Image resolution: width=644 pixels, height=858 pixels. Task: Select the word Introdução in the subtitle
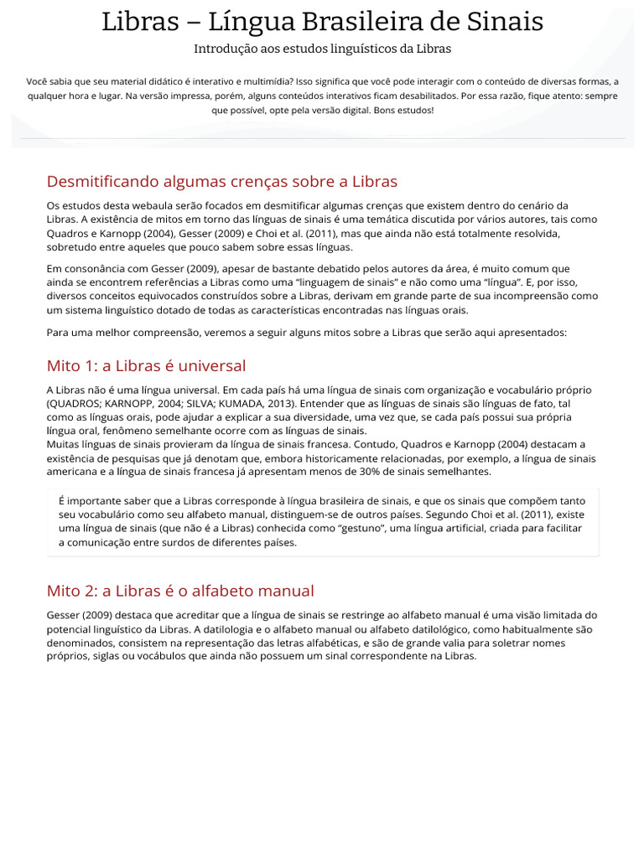tap(223, 49)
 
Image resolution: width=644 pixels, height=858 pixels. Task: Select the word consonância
tap(95, 269)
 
